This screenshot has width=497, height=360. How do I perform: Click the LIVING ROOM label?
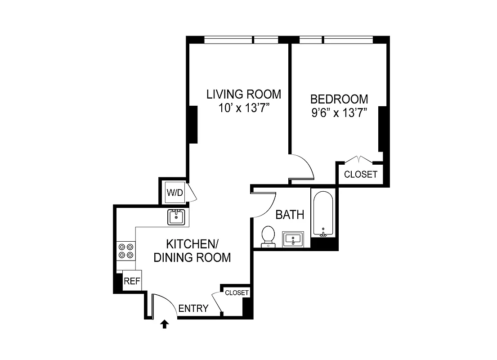[244, 94]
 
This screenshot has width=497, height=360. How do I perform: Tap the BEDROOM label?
[339, 99]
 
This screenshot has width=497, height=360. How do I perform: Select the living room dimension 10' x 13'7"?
[244, 108]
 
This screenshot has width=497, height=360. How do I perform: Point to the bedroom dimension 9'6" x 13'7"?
[339, 113]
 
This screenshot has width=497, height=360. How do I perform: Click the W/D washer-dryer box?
[175, 193]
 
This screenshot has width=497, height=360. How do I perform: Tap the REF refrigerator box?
[132, 281]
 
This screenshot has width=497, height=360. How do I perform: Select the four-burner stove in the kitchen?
[126, 251]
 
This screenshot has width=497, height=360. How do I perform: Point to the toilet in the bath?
[268, 236]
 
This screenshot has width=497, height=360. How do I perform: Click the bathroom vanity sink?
[293, 239]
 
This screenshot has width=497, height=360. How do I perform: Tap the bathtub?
[322, 213]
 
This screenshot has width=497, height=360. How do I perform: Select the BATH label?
[290, 215]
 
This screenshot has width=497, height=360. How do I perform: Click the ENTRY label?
[193, 308]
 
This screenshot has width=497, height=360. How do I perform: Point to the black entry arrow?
[165, 324]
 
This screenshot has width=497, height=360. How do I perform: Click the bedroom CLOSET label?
[360, 175]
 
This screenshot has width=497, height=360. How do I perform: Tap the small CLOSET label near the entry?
[237, 292]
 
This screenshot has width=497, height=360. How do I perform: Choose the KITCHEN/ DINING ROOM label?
[192, 251]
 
